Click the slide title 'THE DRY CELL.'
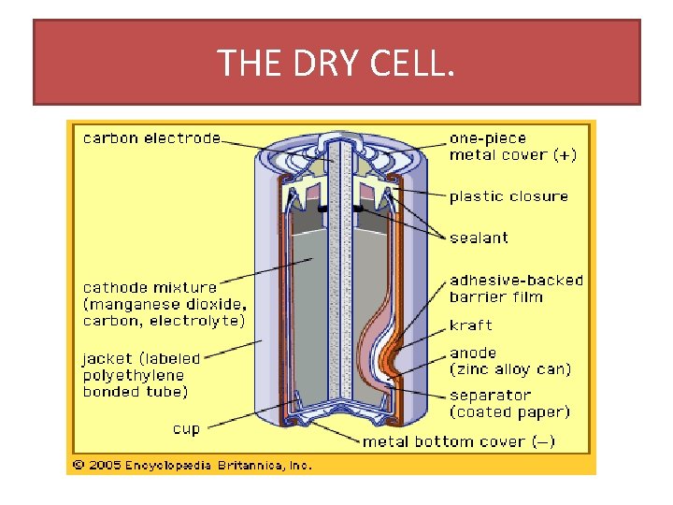point(336,63)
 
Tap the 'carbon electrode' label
point(152,138)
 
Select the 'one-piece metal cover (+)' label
point(512,147)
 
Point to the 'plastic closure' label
point(508,196)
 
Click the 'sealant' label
point(479,238)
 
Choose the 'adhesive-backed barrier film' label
point(516,288)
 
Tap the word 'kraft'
point(470,325)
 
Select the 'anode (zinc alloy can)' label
point(509,361)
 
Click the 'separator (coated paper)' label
point(509,403)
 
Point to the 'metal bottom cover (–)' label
point(458,441)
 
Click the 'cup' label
point(186,429)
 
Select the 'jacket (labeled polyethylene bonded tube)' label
point(141,374)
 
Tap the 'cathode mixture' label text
point(150,287)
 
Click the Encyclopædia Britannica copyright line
point(193,465)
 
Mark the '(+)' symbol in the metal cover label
point(565,155)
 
